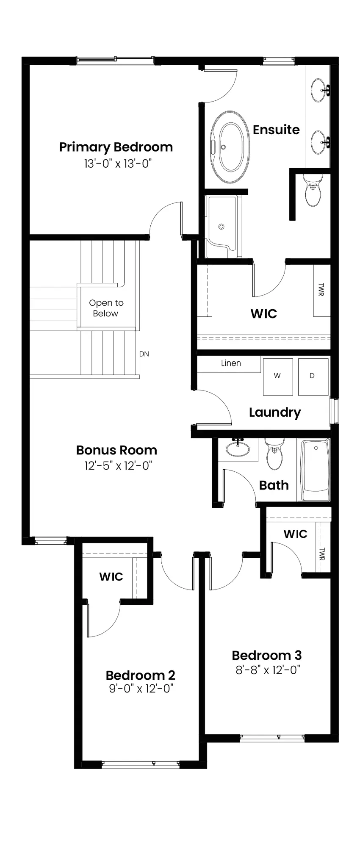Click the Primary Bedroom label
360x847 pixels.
point(116,147)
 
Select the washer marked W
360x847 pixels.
point(277,376)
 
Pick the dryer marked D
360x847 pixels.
point(313,376)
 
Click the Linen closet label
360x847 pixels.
point(231,363)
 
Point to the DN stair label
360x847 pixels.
point(144,354)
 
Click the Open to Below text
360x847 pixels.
point(106,308)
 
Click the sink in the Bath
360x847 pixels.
point(237,448)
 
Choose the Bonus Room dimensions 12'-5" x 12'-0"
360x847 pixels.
point(118,466)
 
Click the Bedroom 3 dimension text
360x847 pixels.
point(268,670)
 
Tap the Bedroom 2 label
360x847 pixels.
point(140,675)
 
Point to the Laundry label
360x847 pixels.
point(275,412)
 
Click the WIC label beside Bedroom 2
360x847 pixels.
point(111,576)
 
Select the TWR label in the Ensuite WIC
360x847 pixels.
point(321,290)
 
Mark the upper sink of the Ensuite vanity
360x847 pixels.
point(320,89)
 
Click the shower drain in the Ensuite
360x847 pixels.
point(221,227)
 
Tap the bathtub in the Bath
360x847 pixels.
point(315,470)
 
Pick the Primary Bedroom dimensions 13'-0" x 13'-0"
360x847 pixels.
point(118,163)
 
